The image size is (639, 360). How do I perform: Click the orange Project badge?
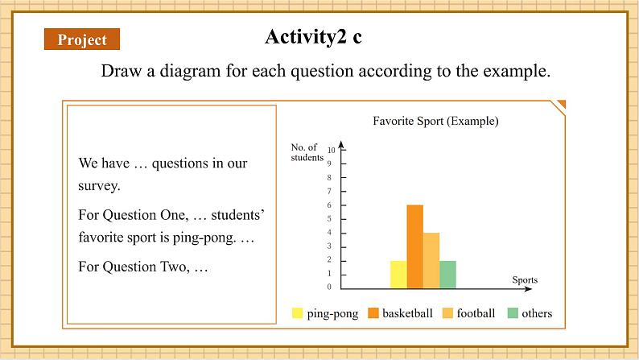click(82, 39)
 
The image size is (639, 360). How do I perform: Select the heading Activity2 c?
click(313, 37)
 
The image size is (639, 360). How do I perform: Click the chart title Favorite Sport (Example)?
click(435, 121)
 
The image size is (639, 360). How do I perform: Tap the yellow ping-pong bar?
click(398, 275)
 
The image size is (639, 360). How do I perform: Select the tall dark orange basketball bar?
click(414, 247)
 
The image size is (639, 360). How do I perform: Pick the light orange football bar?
click(431, 261)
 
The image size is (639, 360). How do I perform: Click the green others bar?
click(447, 275)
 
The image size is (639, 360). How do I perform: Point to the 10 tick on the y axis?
click(332, 150)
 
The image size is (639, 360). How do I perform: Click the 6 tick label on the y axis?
click(329, 205)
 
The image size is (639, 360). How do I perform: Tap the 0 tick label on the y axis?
click(329, 287)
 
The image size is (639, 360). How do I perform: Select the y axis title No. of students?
click(307, 152)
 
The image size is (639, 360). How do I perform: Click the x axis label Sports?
click(525, 279)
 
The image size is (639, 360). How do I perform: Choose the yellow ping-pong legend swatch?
click(298, 313)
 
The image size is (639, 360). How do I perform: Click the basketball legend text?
click(407, 313)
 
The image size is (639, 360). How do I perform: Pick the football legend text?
click(476, 313)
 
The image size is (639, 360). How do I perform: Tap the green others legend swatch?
click(513, 313)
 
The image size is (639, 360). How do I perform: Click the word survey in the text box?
click(98, 186)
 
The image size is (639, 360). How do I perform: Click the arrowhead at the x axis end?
click(529, 288)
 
